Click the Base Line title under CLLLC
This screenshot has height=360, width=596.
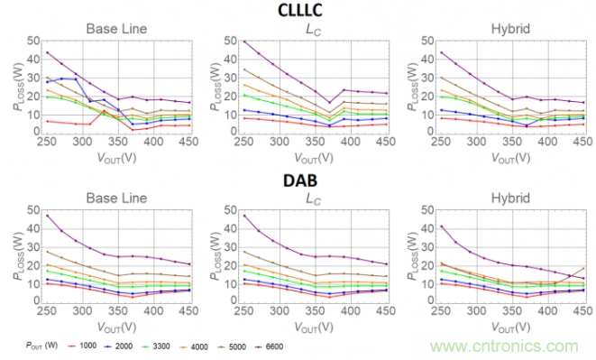point(116,29)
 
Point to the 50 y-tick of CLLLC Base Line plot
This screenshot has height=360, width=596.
point(33,41)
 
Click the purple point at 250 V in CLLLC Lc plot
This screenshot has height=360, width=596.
point(244,42)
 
